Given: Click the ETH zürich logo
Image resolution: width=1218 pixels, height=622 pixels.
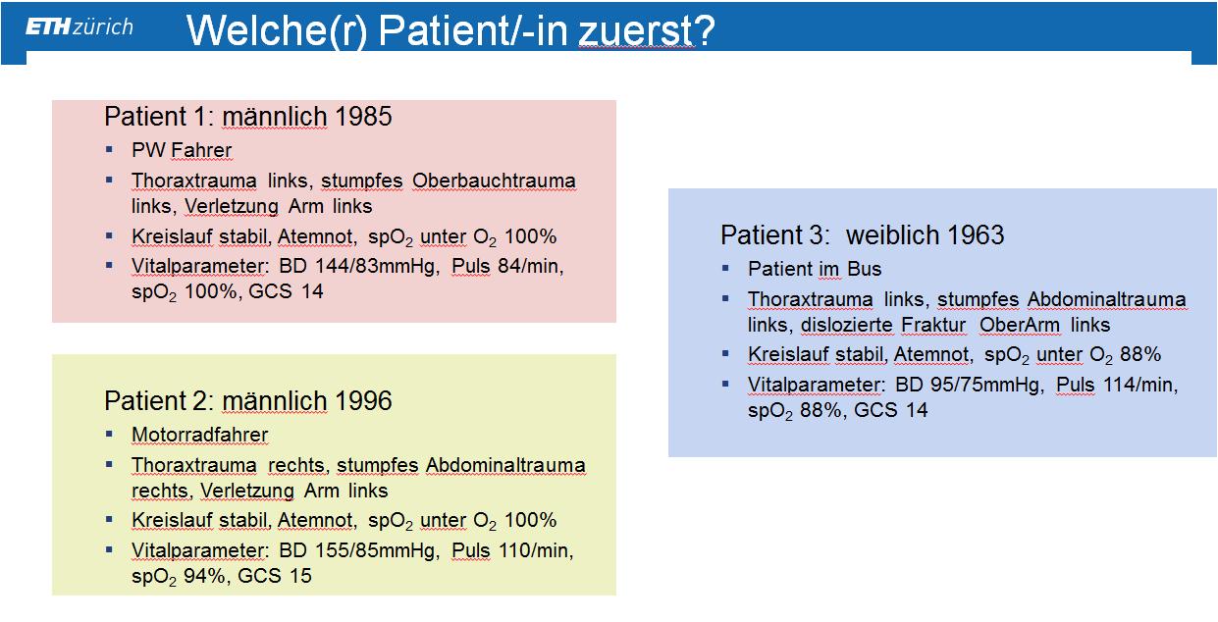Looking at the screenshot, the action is pos(79,26).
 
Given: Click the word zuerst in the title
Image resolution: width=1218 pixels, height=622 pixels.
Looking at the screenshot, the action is pos(636,30).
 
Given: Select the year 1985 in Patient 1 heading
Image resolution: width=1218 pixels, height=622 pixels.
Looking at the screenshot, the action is pos(363,117).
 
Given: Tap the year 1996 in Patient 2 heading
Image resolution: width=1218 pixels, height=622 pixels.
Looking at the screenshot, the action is pos(363,400).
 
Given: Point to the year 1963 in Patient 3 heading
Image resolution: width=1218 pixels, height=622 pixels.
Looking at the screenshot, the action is pos(976,234).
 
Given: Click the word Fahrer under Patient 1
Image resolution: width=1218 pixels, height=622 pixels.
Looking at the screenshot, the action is pos(201,150).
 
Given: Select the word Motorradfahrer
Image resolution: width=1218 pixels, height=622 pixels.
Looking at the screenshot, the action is pos(199,435).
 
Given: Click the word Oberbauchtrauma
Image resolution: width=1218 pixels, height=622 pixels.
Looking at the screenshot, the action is pos(494,181).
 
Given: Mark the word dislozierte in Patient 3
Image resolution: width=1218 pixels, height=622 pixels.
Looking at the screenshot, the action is pos(847,325).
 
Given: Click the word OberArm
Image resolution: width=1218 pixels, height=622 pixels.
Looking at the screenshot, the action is pos(1020,325).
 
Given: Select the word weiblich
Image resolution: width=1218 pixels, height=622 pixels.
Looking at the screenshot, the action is pos(893,234).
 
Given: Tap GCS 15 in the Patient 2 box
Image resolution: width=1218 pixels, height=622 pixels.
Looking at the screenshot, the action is pos(275,576).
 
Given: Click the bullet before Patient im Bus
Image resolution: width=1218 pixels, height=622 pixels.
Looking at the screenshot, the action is pos(725,268).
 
